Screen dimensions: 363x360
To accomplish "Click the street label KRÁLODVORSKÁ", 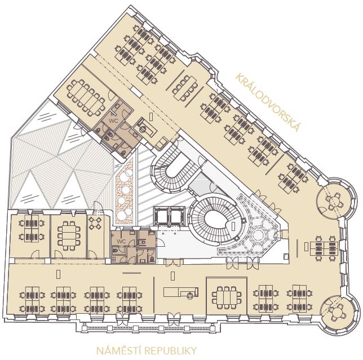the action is tap(268, 102).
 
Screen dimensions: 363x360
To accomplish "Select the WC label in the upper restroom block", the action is tap(113, 121).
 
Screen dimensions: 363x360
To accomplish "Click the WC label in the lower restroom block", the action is tap(121, 242).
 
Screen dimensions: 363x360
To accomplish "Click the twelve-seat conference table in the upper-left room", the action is tap(86, 97).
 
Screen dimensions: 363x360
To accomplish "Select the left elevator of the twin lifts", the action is tap(162, 216).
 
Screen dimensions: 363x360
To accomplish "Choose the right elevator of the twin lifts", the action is tap(178, 216).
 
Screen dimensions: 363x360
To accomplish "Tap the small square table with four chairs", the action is tap(95, 223).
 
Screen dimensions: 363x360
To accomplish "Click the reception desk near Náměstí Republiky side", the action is tap(181, 292).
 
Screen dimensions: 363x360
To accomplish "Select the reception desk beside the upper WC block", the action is tap(147, 127).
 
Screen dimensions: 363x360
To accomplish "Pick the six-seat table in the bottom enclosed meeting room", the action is tap(227, 297).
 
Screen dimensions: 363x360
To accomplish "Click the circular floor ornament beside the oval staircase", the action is tap(258, 234).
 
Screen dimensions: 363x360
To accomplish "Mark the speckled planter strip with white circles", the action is tap(125, 192).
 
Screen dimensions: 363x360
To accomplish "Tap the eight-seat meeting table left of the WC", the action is tap(69, 235).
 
